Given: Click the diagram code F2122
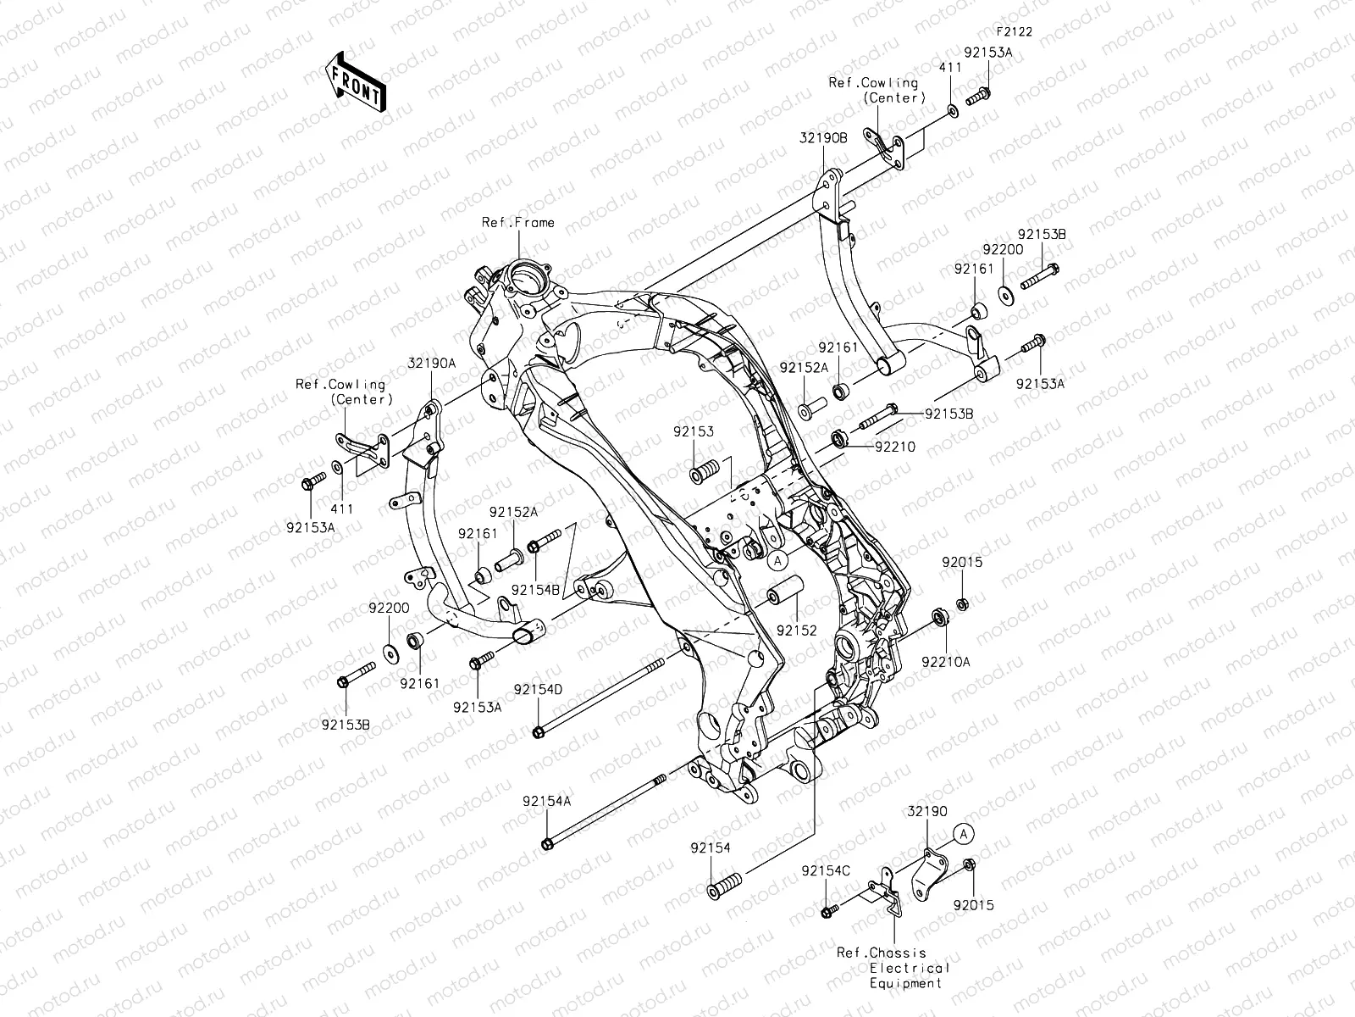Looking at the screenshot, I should [x=1014, y=31].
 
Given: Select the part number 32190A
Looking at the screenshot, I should [x=432, y=363].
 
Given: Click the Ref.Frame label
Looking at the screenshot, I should [x=518, y=222].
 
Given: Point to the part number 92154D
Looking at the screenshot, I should [x=537, y=689].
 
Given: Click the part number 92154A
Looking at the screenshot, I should [x=546, y=801].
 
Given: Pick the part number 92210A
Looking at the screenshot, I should [x=946, y=662].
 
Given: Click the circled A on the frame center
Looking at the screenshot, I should [x=778, y=559].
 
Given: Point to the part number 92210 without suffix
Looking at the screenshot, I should [x=895, y=446].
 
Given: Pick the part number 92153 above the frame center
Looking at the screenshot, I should [x=694, y=431].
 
